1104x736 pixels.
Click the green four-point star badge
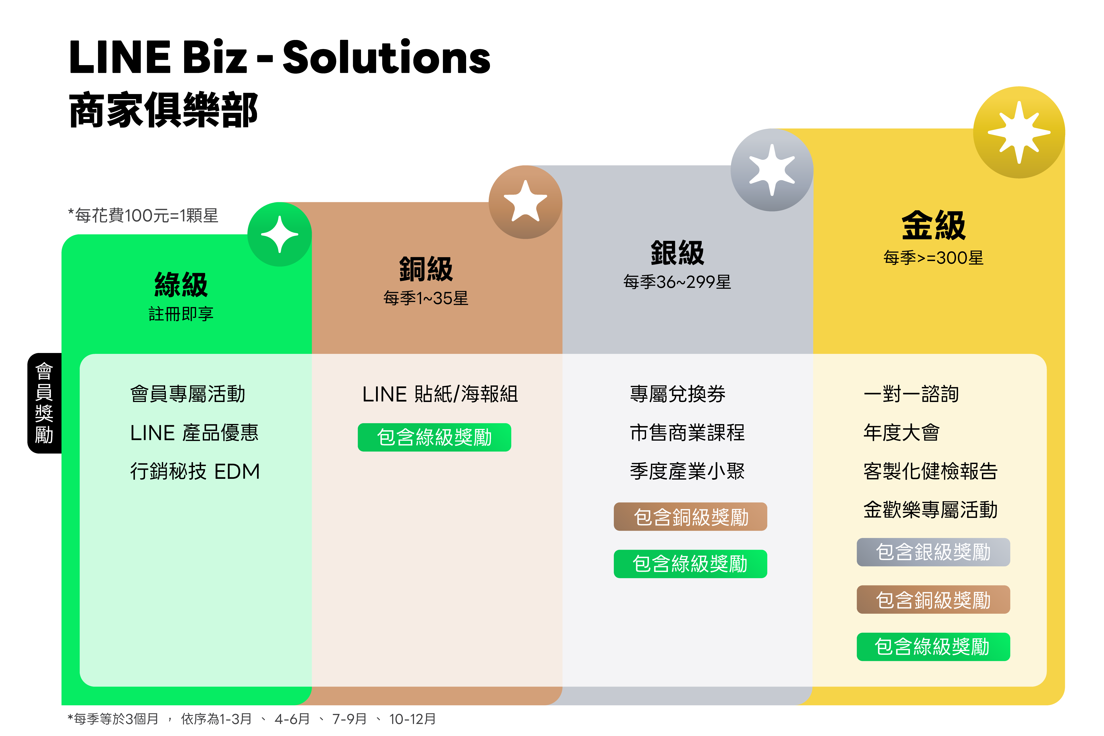pos(280,234)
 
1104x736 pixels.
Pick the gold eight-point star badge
pos(1019,132)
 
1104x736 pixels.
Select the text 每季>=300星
pos(933,258)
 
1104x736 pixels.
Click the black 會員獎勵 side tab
pos(44,403)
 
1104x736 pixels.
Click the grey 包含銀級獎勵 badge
pos(933,552)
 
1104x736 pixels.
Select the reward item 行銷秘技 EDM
pos(195,471)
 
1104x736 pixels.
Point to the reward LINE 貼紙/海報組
pos(440,394)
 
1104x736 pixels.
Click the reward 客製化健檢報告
pos(930,471)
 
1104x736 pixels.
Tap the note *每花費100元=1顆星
pos(143,215)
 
